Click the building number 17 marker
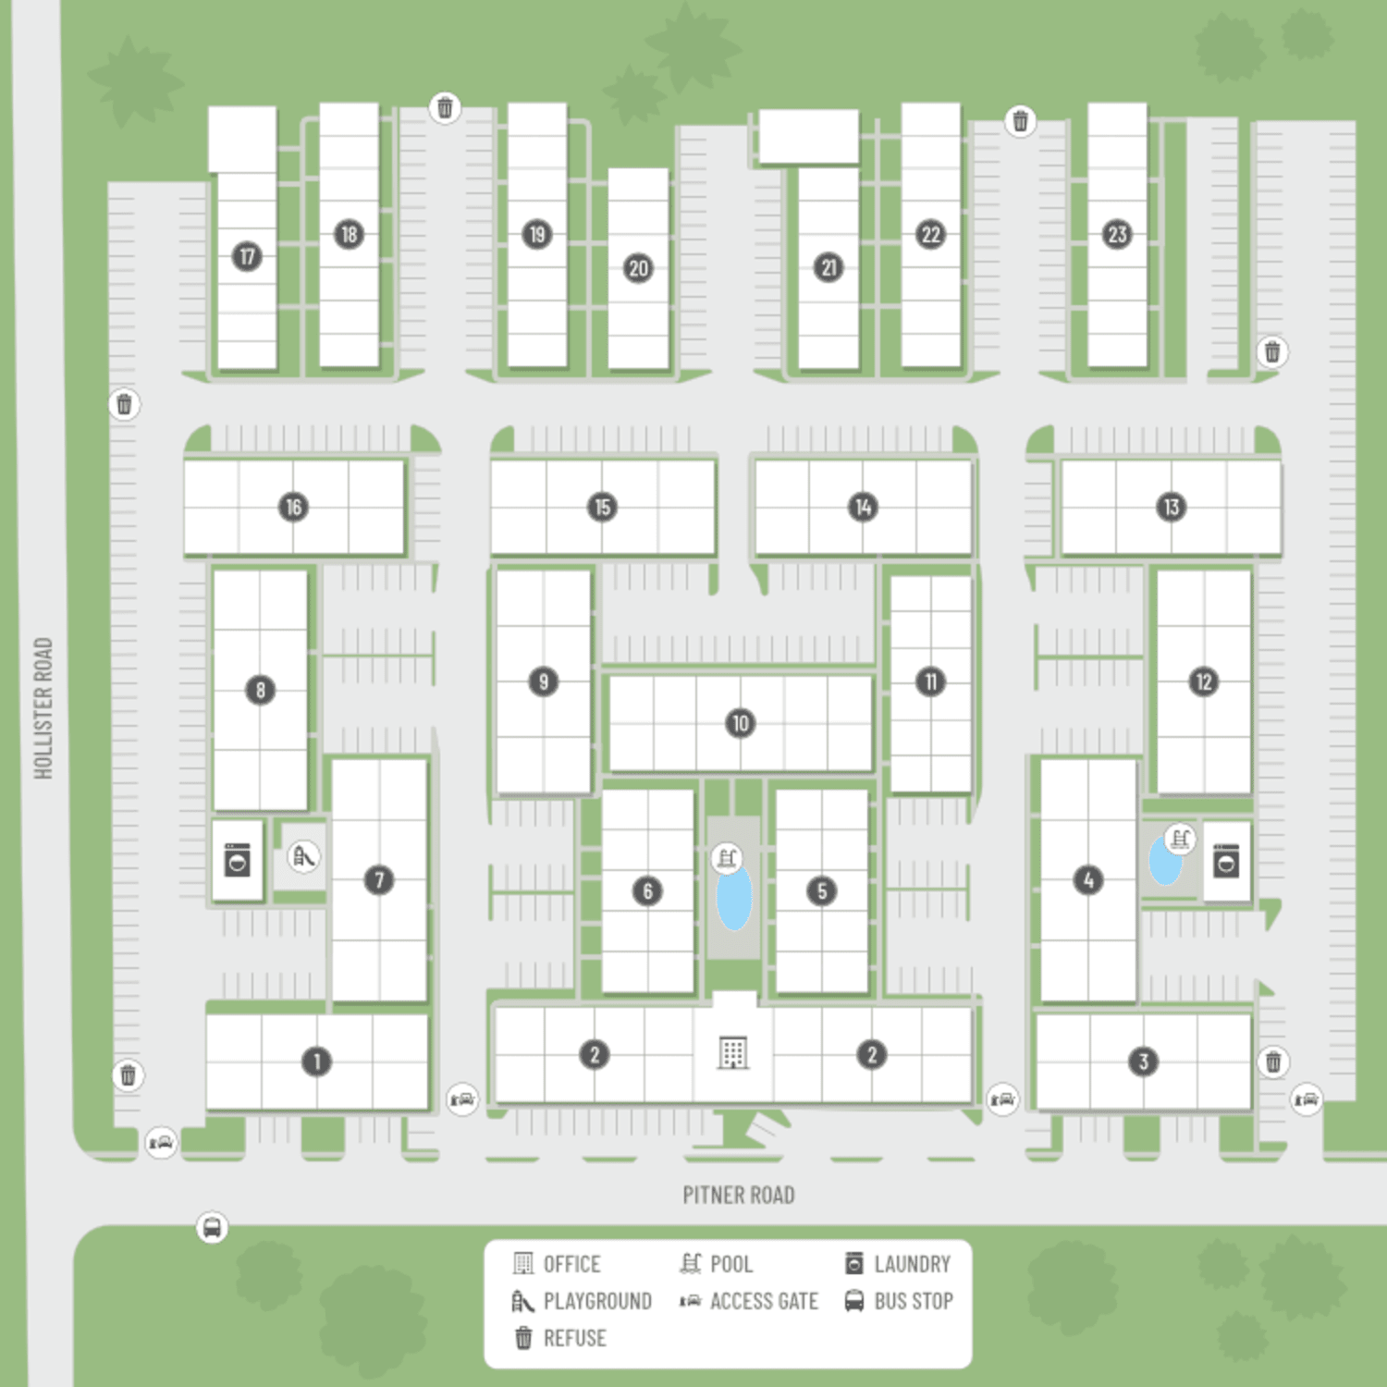pos(247,256)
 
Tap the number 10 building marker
pos(740,723)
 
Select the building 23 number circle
pos(1117,234)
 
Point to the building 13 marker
pos(1171,507)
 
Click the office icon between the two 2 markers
pos(732,1052)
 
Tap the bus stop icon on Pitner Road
pos(212,1227)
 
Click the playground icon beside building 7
pos(303,857)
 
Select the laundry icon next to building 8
pos(238,860)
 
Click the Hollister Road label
pos(43,708)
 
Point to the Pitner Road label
pos(739,1195)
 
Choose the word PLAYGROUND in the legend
pos(597,1301)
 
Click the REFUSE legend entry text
pos(574,1338)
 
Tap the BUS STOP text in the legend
pos(914,1301)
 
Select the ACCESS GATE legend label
pos(764,1301)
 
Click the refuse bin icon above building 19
pos(445,107)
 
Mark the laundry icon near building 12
pos(1226,862)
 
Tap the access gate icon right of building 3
pos(1306,1099)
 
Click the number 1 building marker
pos(316,1061)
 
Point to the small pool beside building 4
pos(1164,860)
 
